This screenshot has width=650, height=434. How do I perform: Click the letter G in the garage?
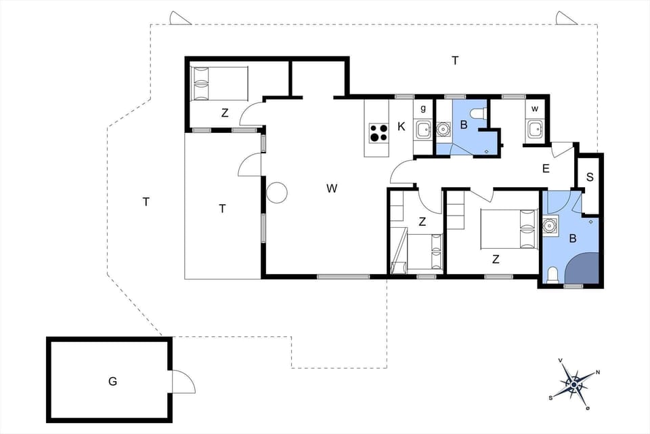pos(112,381)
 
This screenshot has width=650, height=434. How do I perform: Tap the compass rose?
pos(573,384)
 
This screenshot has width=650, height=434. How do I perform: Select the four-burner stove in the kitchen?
pos(378,132)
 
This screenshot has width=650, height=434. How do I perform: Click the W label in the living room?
pos(332,189)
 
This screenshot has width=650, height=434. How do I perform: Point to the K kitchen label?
pos(402,127)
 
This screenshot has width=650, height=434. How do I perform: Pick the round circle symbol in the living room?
pos(277,193)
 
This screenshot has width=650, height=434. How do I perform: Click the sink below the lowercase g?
pos(423,128)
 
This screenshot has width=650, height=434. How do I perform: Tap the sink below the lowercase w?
pos(535,128)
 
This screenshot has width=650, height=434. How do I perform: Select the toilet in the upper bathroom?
pos(477,113)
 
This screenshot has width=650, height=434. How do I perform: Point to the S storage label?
pos(590,177)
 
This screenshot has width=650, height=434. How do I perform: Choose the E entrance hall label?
pos(546,170)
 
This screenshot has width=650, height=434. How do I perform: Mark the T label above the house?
pos(455,61)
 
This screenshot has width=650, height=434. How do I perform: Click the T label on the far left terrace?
pos(146,201)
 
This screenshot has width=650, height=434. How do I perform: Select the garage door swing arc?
pos(183,382)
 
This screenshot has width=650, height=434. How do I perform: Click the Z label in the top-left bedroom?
pos(225,113)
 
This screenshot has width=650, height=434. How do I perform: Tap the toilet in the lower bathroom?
pos(552,274)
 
